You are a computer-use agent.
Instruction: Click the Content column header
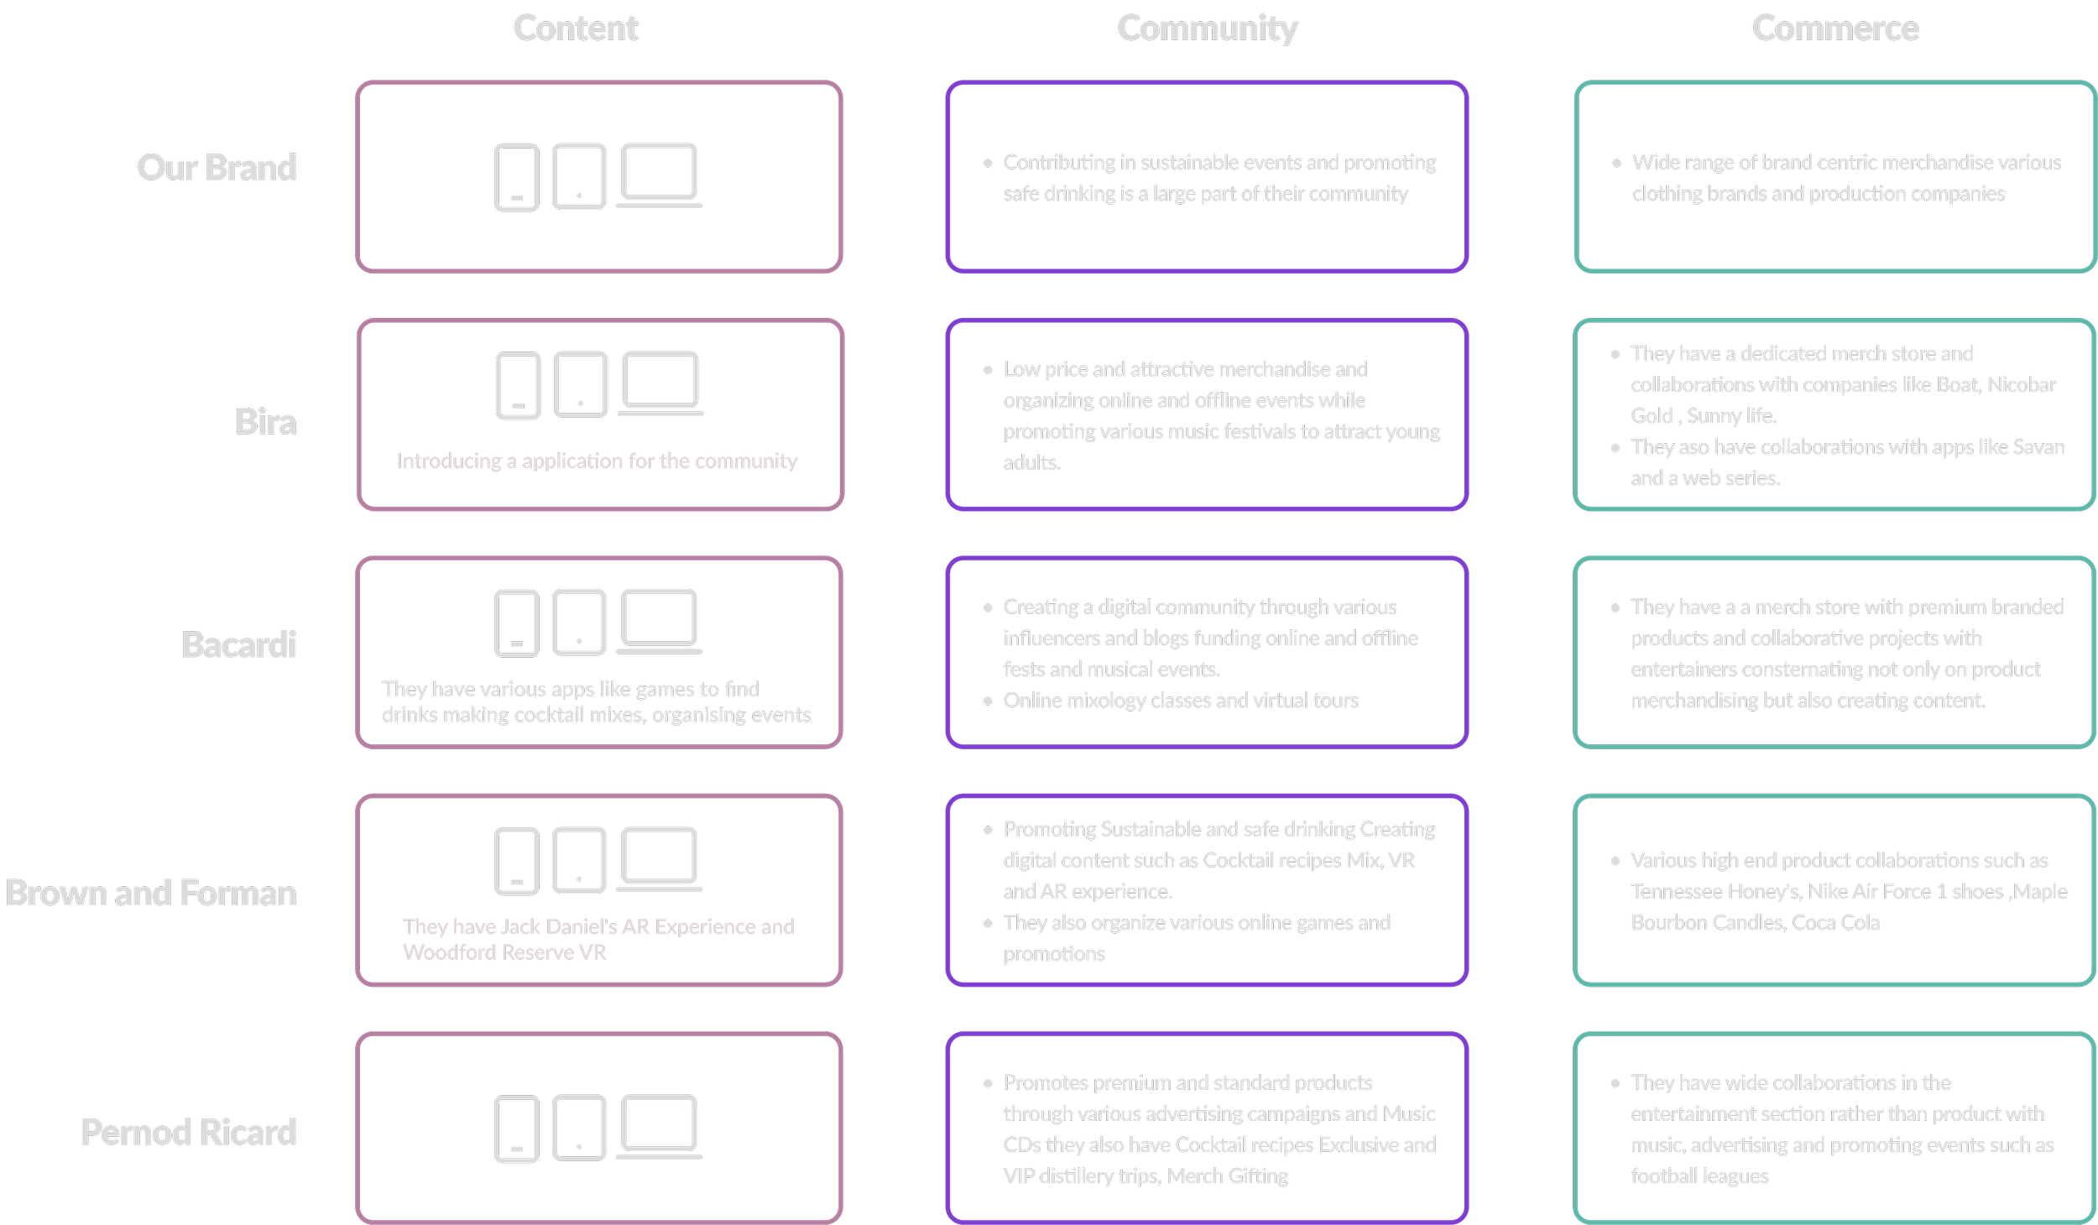coord(576,29)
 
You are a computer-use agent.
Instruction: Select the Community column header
coord(1207,29)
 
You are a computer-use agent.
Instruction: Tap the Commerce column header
coord(1834,29)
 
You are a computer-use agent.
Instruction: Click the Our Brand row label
coord(217,168)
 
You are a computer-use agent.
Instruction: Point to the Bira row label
coord(265,421)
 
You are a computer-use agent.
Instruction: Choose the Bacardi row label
coord(239,644)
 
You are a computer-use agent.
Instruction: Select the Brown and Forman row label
coord(151,893)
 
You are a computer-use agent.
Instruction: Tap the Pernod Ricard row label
coord(188,1132)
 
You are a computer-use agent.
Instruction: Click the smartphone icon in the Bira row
coord(518,385)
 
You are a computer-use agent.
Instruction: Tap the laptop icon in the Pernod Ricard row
coord(659,1126)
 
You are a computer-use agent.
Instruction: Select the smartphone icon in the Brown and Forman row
coord(516,860)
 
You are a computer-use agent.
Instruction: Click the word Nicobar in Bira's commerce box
coord(2021,385)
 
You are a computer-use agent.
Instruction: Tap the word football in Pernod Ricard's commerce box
coord(1664,1176)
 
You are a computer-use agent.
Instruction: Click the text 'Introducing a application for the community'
coord(597,461)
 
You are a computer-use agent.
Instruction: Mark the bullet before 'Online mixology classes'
coord(988,701)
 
